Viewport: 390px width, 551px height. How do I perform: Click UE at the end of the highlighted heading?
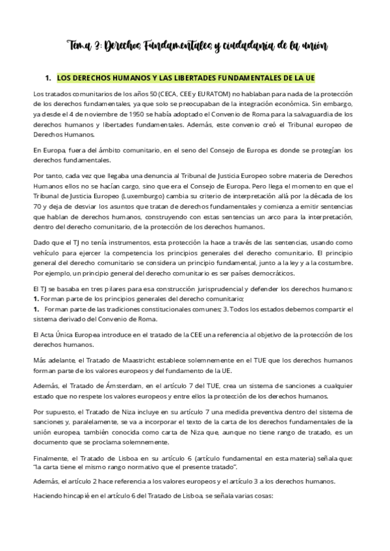pyautogui.click(x=309, y=77)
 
